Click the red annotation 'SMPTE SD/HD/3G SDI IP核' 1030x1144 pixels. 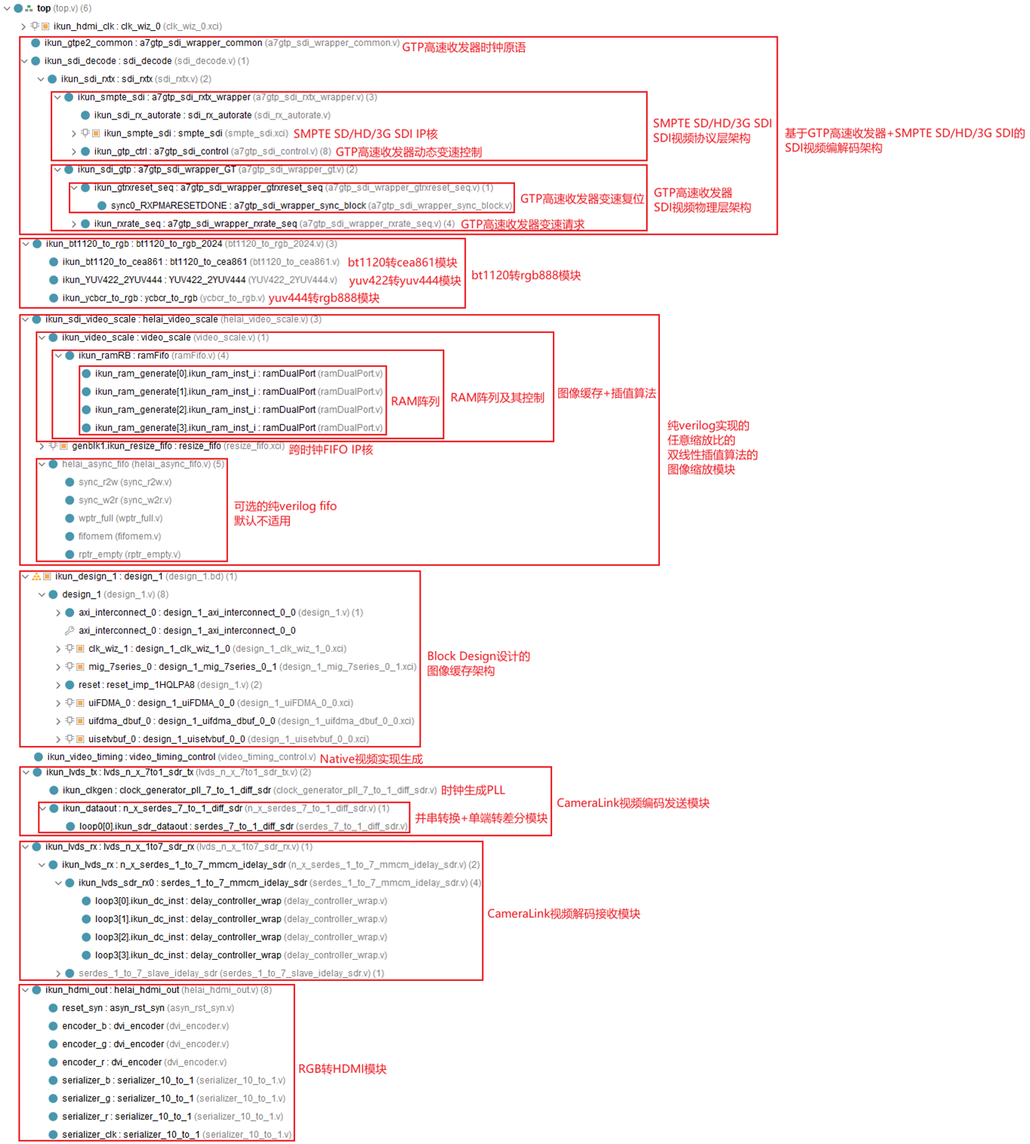[365, 134]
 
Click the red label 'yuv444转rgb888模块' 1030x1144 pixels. [324, 298]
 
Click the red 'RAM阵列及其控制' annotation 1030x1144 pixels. [497, 398]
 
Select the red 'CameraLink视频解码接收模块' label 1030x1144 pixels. [563, 914]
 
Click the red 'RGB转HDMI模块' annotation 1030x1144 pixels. [342, 1069]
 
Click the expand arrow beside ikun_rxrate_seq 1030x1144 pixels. [74, 224]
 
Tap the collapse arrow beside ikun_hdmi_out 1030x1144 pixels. [25, 990]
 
